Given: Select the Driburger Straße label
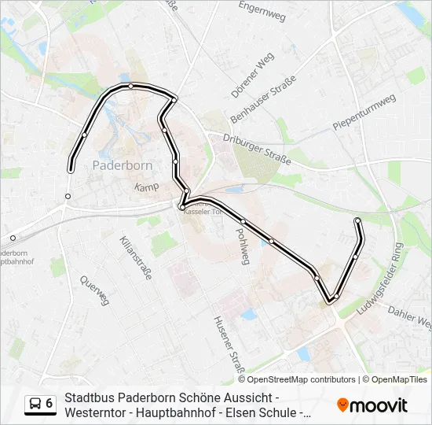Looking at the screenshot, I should point(259,147).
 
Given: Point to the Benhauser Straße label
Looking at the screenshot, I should point(262,100).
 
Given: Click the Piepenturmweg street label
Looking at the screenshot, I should point(362,113).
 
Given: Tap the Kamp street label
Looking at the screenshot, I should point(147,187).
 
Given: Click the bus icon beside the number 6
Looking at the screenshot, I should point(35,404).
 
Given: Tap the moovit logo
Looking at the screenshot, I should point(372,405).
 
